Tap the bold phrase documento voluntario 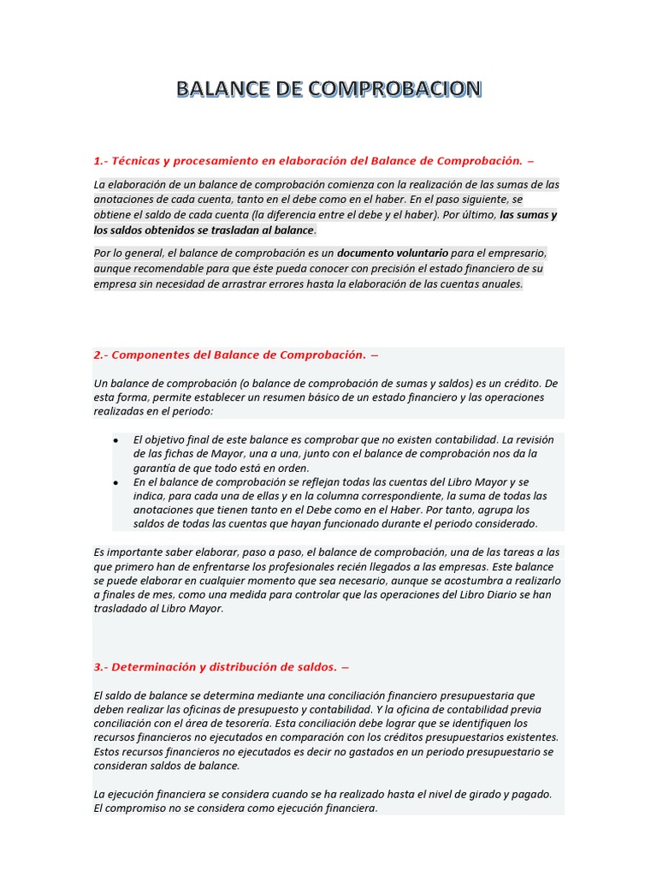[x=392, y=254]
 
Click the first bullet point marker [x=115, y=439]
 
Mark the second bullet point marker [x=115, y=482]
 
